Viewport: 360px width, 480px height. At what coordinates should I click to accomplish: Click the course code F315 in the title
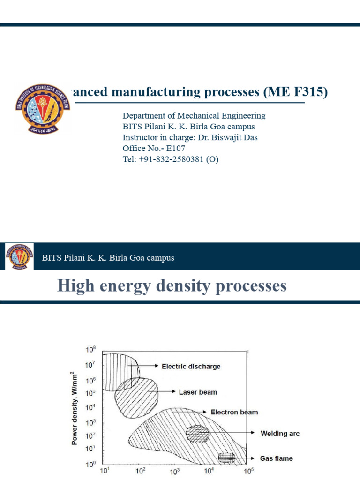pos(307,92)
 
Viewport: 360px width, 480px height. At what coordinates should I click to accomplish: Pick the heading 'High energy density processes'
pos(172,285)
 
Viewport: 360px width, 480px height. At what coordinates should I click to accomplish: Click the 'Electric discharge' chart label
pos(191,367)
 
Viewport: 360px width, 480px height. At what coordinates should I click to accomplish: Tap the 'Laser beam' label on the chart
pos(198,392)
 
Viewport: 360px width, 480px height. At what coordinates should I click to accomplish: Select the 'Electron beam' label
pos(234,412)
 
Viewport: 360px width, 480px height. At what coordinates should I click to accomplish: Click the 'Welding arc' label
pos(280,434)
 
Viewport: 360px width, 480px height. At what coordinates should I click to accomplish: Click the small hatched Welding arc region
pos(197,434)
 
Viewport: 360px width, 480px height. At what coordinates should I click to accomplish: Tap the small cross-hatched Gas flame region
pos(227,457)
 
